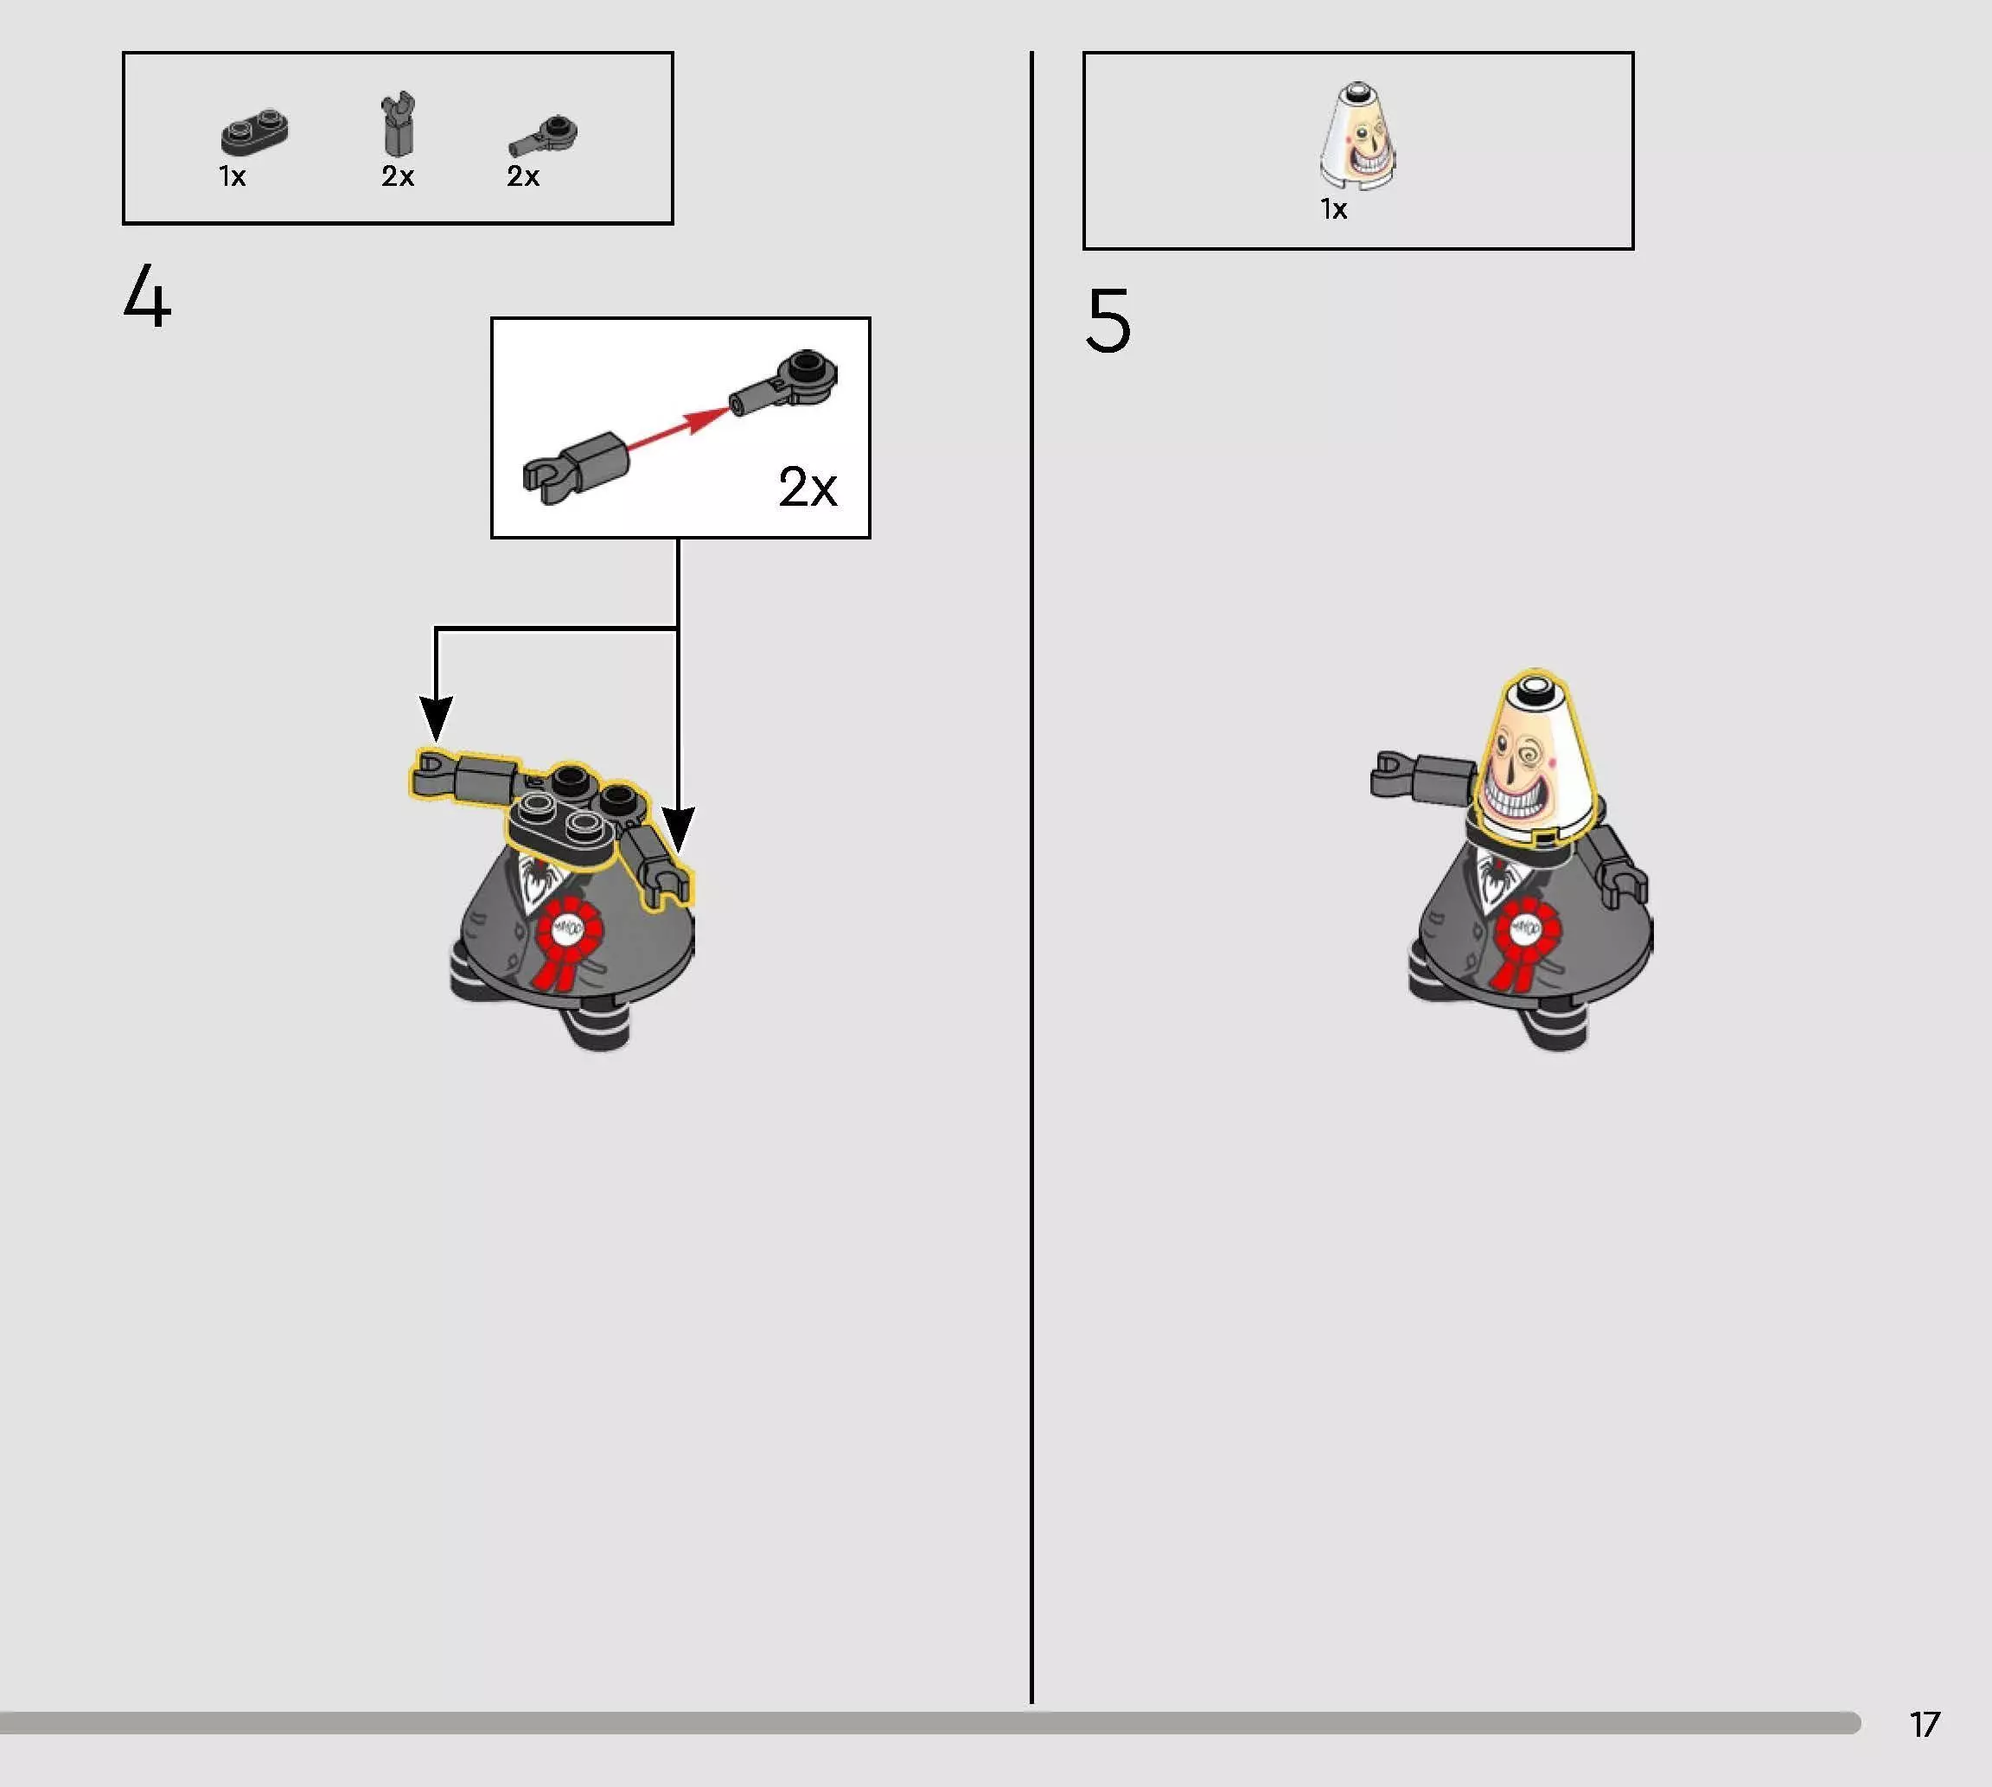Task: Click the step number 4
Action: pos(147,296)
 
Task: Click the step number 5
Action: pos(1108,320)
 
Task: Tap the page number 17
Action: pos(1925,1724)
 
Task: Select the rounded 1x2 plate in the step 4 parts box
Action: pos(254,132)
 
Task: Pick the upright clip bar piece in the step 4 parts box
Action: pos(398,124)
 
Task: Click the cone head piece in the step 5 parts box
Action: pos(1357,136)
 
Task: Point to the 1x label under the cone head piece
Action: pos(1333,209)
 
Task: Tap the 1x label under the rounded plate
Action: pos(232,176)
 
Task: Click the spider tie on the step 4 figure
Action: pos(536,878)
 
